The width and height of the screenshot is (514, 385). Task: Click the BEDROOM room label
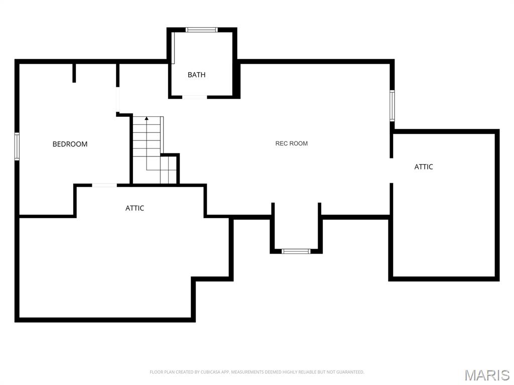click(x=70, y=144)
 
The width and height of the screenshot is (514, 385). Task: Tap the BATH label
click(x=196, y=75)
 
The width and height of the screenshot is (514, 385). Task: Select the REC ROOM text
click(x=291, y=143)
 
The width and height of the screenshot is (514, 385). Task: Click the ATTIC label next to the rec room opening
click(x=423, y=167)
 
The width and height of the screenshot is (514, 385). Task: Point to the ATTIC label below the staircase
click(x=135, y=208)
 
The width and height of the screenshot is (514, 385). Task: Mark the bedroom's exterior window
click(x=17, y=146)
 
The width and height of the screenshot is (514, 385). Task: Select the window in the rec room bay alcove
click(x=296, y=251)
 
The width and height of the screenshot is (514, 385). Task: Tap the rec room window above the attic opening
click(x=392, y=105)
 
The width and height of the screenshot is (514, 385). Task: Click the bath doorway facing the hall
click(x=195, y=97)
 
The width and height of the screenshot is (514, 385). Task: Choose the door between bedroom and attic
click(x=104, y=185)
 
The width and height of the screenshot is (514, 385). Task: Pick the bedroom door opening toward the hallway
click(x=118, y=100)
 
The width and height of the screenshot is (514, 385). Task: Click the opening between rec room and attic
click(x=391, y=170)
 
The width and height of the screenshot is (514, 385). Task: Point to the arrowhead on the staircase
click(x=147, y=119)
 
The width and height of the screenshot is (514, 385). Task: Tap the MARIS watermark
click(x=486, y=374)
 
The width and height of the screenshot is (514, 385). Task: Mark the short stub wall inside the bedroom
click(x=74, y=73)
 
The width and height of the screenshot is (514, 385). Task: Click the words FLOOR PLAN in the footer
click(x=160, y=372)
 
